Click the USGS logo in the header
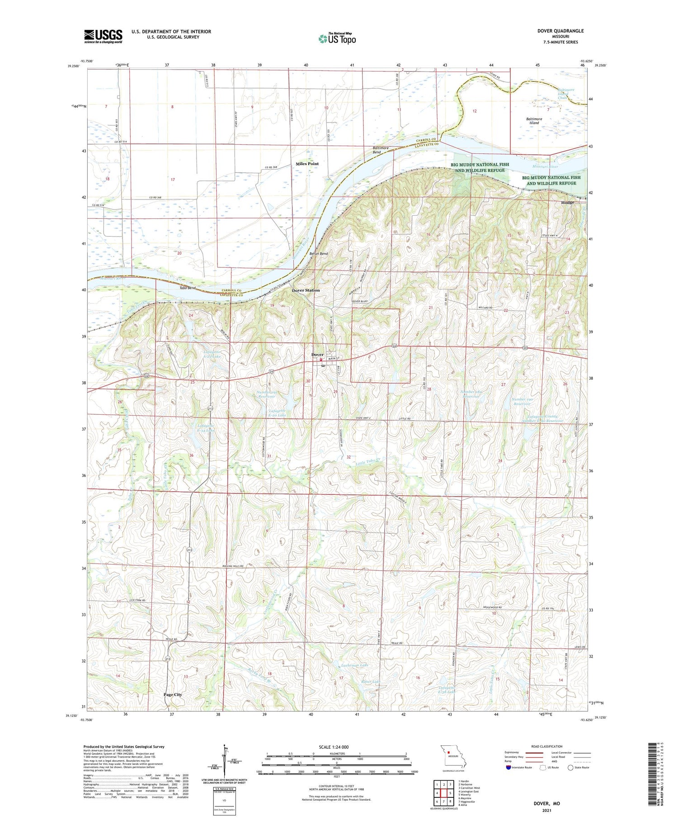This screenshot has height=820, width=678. point(103,36)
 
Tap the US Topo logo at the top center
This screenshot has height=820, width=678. point(337,38)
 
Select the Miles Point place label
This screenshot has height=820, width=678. point(307,164)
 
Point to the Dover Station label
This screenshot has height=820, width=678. point(306,290)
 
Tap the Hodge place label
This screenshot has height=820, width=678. point(567,203)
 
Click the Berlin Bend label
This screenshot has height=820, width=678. point(318,254)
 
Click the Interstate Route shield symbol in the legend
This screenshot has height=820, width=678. point(508,768)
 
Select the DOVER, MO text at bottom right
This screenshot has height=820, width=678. point(546,803)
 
